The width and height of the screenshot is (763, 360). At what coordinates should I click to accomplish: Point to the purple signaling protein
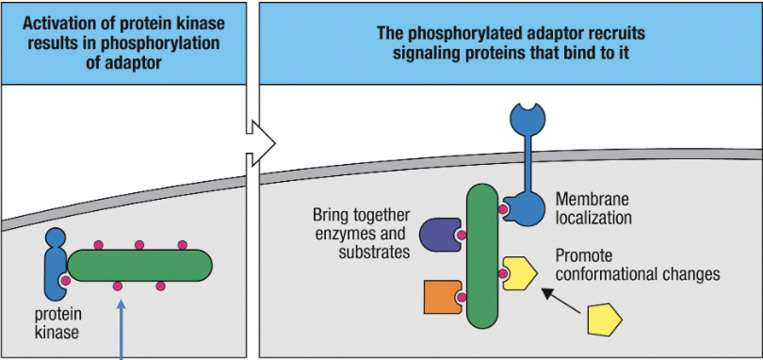tap(440, 235)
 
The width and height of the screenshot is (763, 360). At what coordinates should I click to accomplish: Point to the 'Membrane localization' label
tap(593, 208)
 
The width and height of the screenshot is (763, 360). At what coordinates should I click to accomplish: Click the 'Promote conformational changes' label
tap(637, 265)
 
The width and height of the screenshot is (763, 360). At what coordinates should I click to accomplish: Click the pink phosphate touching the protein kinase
tap(66, 281)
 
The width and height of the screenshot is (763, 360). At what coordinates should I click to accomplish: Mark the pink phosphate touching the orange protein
tap(462, 298)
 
